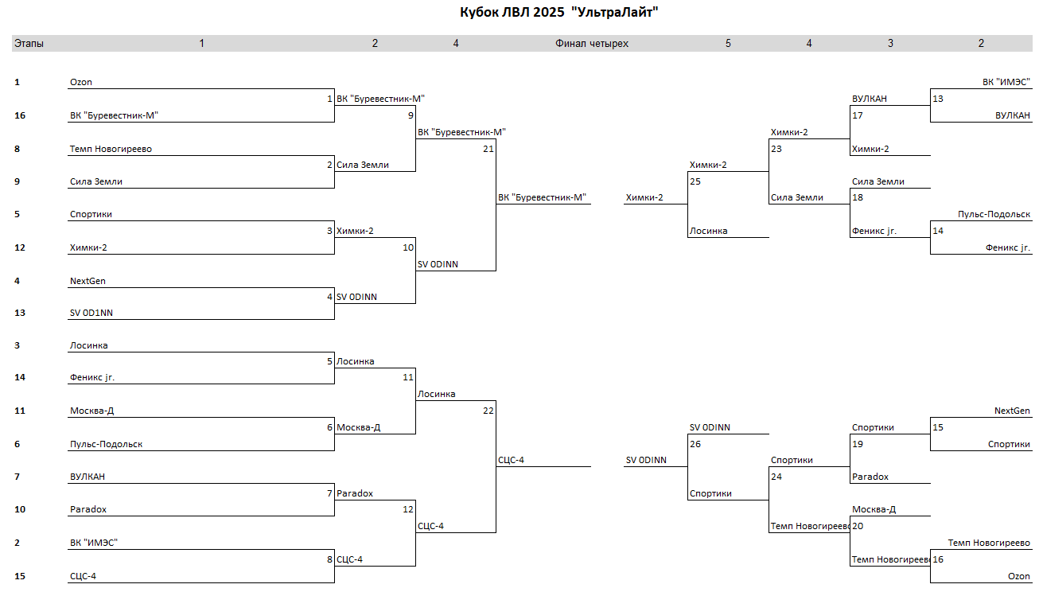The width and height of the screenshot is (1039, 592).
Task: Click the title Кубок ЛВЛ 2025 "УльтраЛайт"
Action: pyautogui.click(x=558, y=12)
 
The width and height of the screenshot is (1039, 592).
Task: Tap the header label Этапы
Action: pyautogui.click(x=29, y=44)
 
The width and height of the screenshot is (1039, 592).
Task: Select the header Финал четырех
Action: pyautogui.click(x=591, y=44)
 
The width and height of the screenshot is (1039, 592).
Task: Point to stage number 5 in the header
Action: pyautogui.click(x=728, y=44)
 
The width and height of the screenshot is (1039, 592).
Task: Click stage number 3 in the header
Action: pyautogui.click(x=890, y=44)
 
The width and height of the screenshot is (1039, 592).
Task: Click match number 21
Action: pyautogui.click(x=488, y=149)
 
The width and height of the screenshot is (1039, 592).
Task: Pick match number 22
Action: pyautogui.click(x=488, y=411)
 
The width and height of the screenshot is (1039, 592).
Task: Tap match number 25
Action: pyautogui.click(x=695, y=181)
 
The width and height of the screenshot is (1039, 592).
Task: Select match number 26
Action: pyautogui.click(x=695, y=444)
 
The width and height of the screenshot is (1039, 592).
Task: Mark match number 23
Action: pyautogui.click(x=776, y=149)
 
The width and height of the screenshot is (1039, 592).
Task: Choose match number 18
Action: pyautogui.click(x=858, y=197)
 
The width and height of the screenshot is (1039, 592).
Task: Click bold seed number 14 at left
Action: pyautogui.click(x=20, y=377)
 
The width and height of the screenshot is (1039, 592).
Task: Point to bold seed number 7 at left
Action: pyautogui.click(x=18, y=477)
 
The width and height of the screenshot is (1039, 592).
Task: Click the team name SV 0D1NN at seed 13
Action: pyautogui.click(x=91, y=313)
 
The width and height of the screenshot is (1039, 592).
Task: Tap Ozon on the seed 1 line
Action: pyautogui.click(x=80, y=82)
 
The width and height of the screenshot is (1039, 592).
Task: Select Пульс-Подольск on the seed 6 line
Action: pyautogui.click(x=107, y=444)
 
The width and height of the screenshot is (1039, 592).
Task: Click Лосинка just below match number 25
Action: pyautogui.click(x=708, y=231)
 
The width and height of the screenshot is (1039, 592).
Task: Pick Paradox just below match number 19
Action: pyautogui.click(x=870, y=477)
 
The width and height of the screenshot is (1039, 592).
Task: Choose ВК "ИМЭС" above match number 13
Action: pyautogui.click(x=1006, y=82)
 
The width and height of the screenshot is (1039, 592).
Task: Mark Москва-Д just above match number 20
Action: pyautogui.click(x=874, y=509)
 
